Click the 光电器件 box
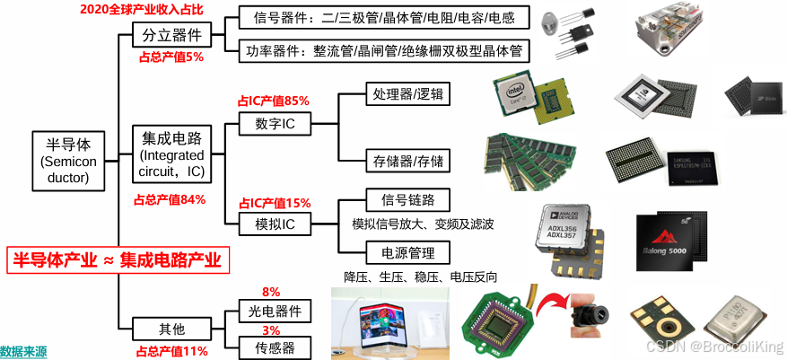[275, 311]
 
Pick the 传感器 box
[275, 347]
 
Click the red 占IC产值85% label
[273, 101]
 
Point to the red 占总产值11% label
[171, 351]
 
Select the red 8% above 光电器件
[270, 292]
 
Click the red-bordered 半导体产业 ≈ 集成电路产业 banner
[117, 260]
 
